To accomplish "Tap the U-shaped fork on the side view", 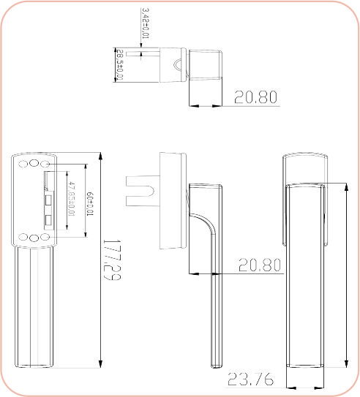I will pyautogui.click(x=140, y=192).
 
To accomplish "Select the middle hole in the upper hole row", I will pyautogui.click(x=34, y=162).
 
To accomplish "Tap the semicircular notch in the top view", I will pyautogui.click(x=178, y=67).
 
